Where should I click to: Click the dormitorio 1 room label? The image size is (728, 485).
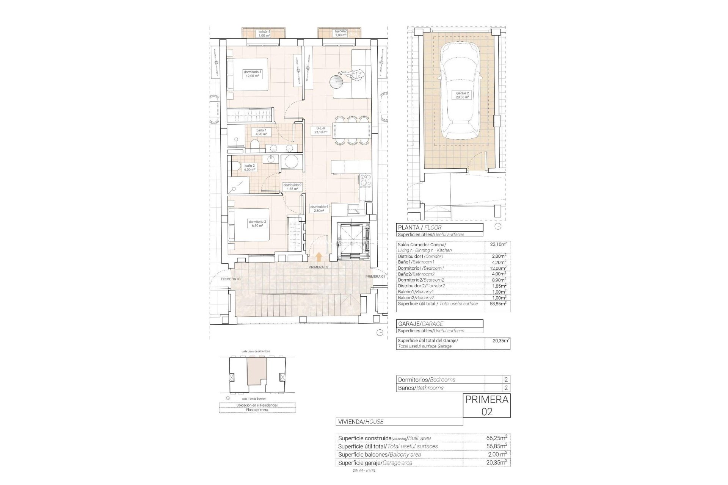pyautogui.click(x=253, y=74)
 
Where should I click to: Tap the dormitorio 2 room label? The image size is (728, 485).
pyautogui.click(x=257, y=224)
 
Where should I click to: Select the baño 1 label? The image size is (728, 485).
pyautogui.click(x=261, y=132)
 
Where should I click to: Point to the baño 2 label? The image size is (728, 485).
pyautogui.click(x=249, y=167)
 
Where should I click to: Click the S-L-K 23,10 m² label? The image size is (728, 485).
pyautogui.click(x=320, y=130)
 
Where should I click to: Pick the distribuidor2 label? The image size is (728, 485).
pyautogui.click(x=292, y=187)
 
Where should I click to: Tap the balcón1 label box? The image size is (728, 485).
pyautogui.click(x=264, y=33)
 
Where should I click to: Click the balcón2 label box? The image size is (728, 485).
pyautogui.click(x=340, y=33)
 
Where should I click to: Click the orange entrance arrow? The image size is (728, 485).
pyautogui.click(x=319, y=257)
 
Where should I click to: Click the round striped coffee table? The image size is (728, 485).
pyautogui.click(x=336, y=81)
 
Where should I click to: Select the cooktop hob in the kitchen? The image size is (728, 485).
pyautogui.click(x=366, y=181)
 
